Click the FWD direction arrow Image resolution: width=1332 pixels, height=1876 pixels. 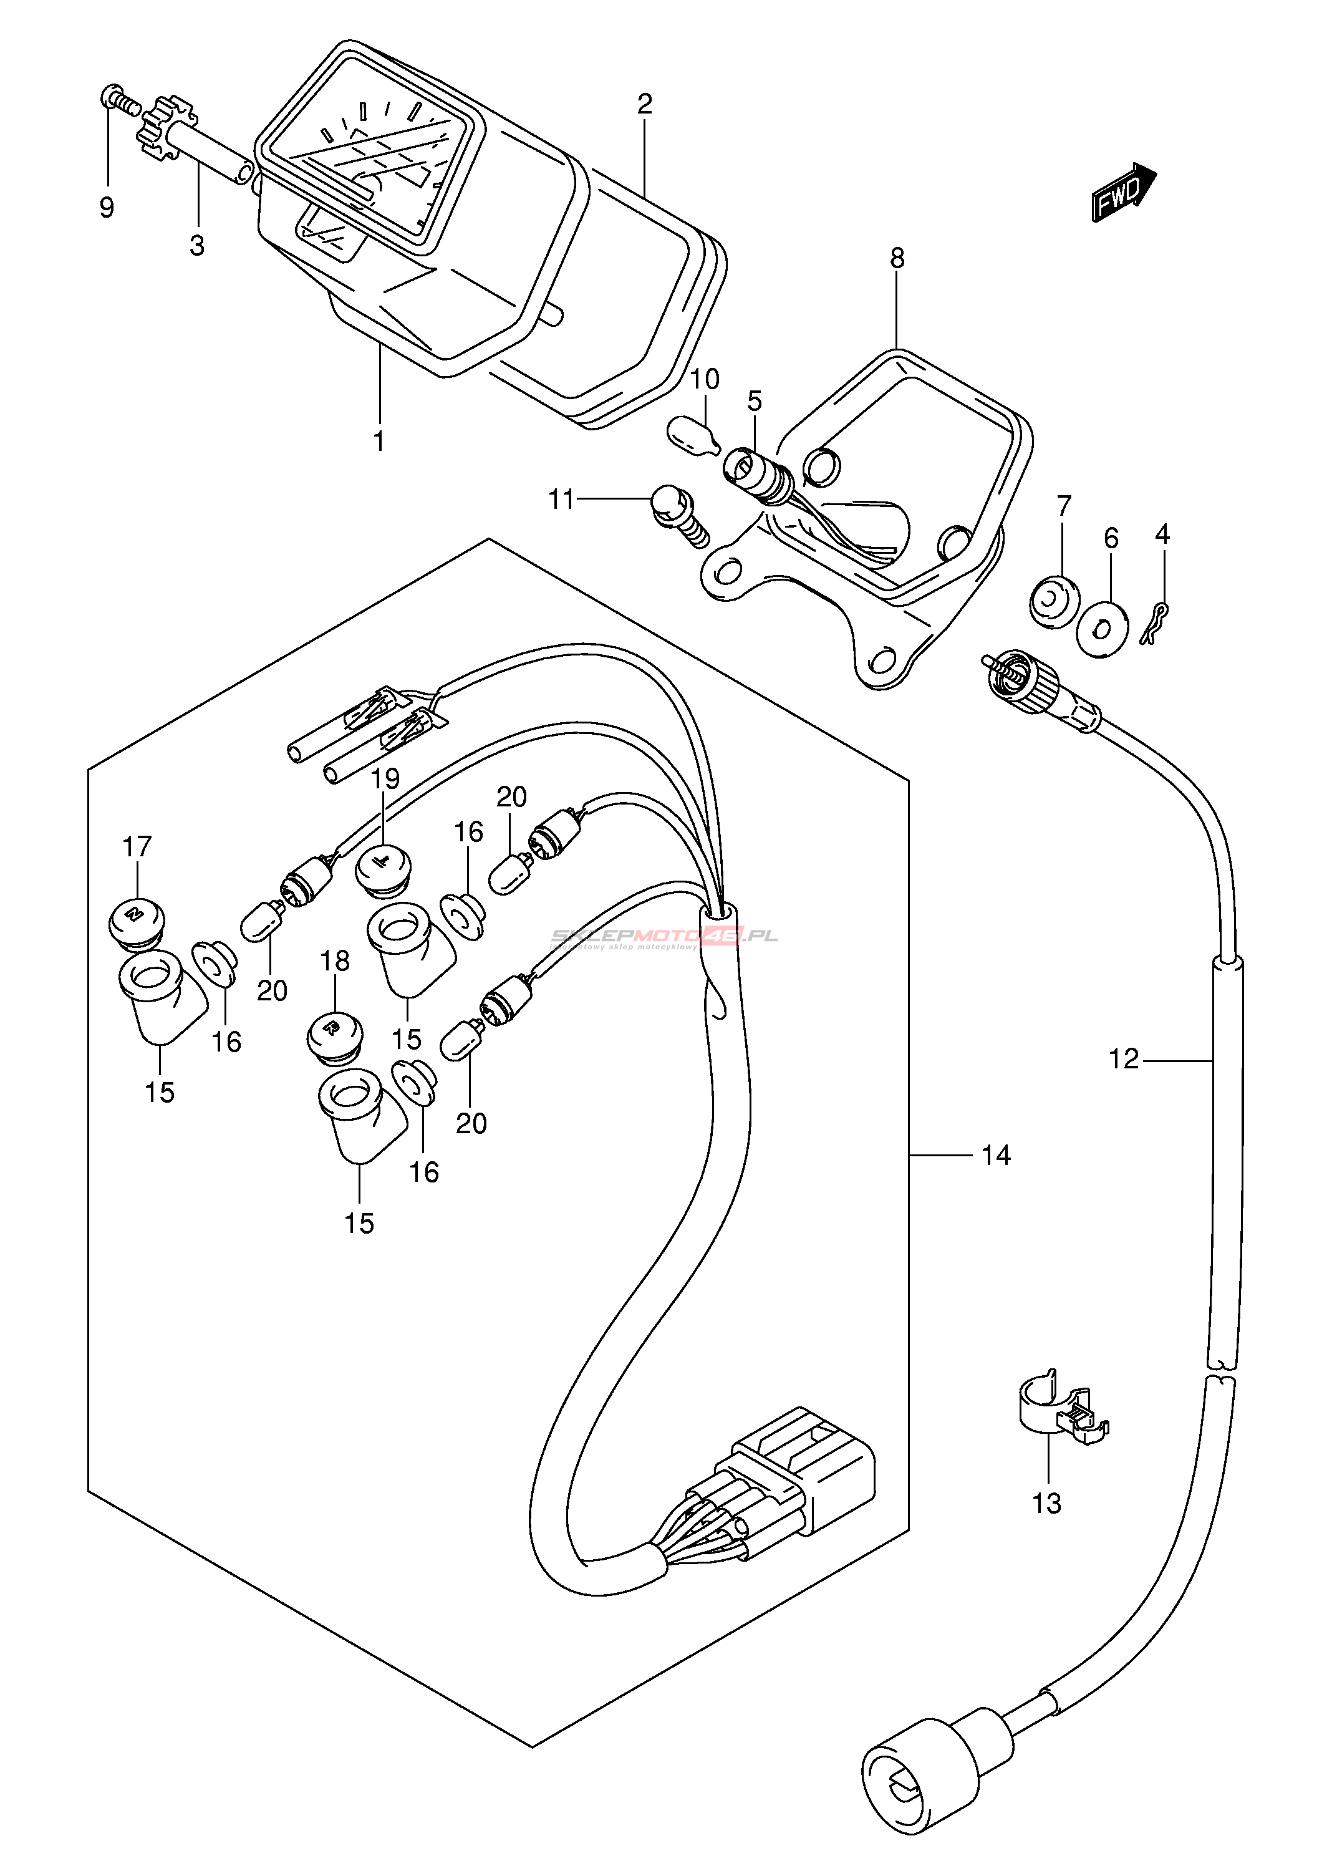[1122, 192]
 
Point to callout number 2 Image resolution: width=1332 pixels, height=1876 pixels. [645, 104]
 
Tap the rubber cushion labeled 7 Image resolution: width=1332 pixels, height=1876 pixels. [1054, 601]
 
